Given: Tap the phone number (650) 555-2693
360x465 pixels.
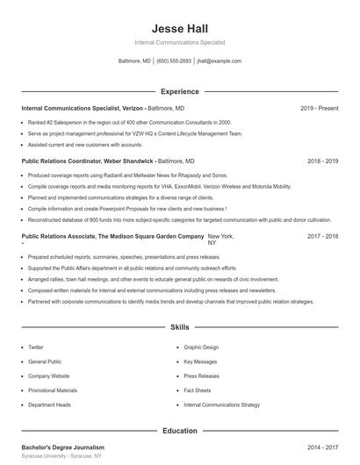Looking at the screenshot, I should (174, 61).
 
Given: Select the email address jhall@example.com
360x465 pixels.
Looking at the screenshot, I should (219, 61).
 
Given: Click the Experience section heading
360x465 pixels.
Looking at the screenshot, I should (179, 91).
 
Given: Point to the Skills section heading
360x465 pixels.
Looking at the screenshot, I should (179, 327).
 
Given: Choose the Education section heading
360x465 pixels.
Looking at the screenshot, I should (179, 431).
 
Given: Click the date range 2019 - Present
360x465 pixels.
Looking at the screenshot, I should (319, 108).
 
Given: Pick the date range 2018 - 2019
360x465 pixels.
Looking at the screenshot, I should (322, 161).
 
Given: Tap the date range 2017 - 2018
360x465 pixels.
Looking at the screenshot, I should (322, 237).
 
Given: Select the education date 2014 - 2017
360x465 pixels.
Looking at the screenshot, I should (322, 447).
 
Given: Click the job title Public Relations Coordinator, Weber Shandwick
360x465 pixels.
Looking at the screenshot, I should (87, 161).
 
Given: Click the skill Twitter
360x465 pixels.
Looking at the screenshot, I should (35, 347).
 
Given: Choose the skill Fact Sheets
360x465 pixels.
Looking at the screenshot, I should (198, 390).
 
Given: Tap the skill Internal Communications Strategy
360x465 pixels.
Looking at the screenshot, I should (221, 405).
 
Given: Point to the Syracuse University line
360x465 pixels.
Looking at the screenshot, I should (61, 457).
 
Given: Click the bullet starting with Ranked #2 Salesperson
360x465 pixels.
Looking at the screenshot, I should (129, 123).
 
